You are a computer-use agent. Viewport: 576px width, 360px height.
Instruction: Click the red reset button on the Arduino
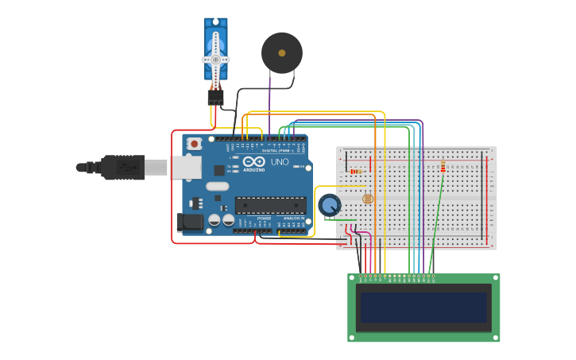tap(194, 144)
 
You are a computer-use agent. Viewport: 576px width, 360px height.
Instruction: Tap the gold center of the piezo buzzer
tap(282, 53)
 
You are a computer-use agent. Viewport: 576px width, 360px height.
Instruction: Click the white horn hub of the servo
tap(215, 59)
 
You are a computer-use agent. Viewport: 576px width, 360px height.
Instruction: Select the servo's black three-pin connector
tap(215, 98)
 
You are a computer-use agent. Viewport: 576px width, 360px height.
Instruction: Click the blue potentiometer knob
tap(328, 205)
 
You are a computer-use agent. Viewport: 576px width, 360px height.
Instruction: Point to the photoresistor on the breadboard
tap(367, 199)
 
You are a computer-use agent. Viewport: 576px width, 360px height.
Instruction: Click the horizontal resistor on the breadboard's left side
tap(355, 171)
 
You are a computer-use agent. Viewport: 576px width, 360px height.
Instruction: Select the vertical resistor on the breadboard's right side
tap(443, 166)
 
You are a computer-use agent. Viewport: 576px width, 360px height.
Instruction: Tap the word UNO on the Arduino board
tap(280, 161)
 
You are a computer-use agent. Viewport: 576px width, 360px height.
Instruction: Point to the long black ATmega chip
tap(270, 205)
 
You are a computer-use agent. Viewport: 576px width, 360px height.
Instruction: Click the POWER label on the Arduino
tap(264, 218)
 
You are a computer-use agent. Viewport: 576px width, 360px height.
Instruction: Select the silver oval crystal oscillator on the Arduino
tap(217, 187)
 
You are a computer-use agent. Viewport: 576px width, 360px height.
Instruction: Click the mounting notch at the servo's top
tap(215, 22)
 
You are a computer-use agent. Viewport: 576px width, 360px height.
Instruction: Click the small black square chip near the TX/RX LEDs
tap(219, 170)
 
